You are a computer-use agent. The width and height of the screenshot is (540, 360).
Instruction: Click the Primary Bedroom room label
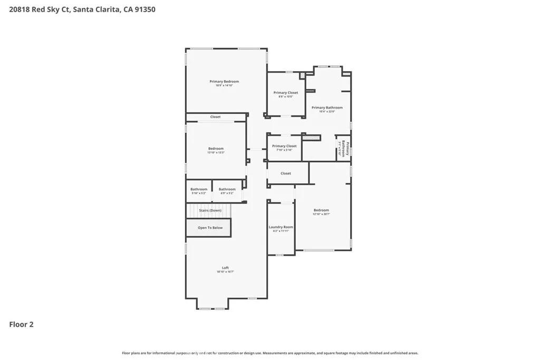pyautogui.click(x=224, y=81)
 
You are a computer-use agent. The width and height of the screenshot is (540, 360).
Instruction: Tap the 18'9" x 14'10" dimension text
pyautogui.click(x=224, y=85)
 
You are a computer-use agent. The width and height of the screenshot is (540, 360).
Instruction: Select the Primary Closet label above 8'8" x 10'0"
pyautogui.click(x=285, y=93)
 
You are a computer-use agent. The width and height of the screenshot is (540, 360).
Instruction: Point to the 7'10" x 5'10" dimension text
pyautogui.click(x=284, y=150)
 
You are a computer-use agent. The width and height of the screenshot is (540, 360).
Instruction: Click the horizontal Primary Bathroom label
pyautogui.click(x=331, y=108)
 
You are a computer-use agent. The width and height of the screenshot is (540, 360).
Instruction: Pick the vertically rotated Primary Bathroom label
pyautogui.click(x=344, y=149)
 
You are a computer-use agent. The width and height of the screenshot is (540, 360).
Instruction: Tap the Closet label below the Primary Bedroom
pyautogui.click(x=215, y=117)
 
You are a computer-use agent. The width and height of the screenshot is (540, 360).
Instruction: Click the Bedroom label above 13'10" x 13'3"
pyautogui.click(x=216, y=149)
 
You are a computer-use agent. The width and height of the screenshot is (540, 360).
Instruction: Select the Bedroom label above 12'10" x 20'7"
pyautogui.click(x=321, y=210)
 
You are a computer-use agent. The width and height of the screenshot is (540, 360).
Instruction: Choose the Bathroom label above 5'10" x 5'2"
pyautogui.click(x=199, y=189)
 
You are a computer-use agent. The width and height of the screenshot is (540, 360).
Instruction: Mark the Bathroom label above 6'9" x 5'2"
pyautogui.click(x=227, y=189)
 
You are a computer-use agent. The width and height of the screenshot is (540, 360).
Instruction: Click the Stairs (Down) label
pyautogui.click(x=210, y=210)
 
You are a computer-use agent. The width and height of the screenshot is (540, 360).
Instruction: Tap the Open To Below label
pyautogui.click(x=210, y=228)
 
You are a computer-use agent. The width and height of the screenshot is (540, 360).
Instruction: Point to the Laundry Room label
pyautogui.click(x=281, y=227)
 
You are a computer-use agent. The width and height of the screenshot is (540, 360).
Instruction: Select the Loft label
pyautogui.click(x=225, y=268)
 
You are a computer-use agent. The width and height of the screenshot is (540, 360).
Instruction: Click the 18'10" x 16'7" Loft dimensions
pyautogui.click(x=225, y=272)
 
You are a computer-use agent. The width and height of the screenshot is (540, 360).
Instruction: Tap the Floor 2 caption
pyautogui.click(x=21, y=325)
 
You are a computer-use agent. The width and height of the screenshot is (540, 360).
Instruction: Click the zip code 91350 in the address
pyautogui.click(x=144, y=9)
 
